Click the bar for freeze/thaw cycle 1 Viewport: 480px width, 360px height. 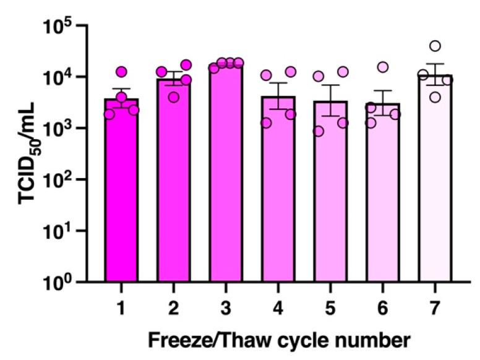[x=121, y=198]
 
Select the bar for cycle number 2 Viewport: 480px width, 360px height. [x=174, y=186]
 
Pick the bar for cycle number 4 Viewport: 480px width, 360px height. [x=278, y=198]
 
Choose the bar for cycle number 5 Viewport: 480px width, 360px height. [x=330, y=201]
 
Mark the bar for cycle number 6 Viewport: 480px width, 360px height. [x=383, y=201]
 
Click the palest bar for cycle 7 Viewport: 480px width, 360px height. [x=435, y=186]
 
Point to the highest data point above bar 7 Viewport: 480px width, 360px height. [x=435, y=46]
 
